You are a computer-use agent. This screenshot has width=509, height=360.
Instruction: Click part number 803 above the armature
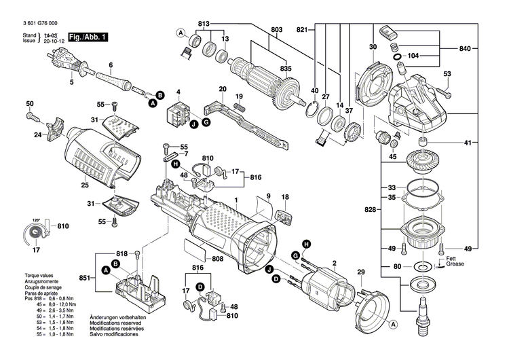point(276,30)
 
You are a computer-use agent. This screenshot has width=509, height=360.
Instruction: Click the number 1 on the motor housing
point(236,200)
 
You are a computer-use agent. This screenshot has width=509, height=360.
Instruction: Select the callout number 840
point(464,50)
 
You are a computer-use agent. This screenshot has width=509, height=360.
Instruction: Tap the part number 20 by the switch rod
point(222,89)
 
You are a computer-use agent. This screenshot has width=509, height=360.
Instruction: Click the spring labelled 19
point(239,107)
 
